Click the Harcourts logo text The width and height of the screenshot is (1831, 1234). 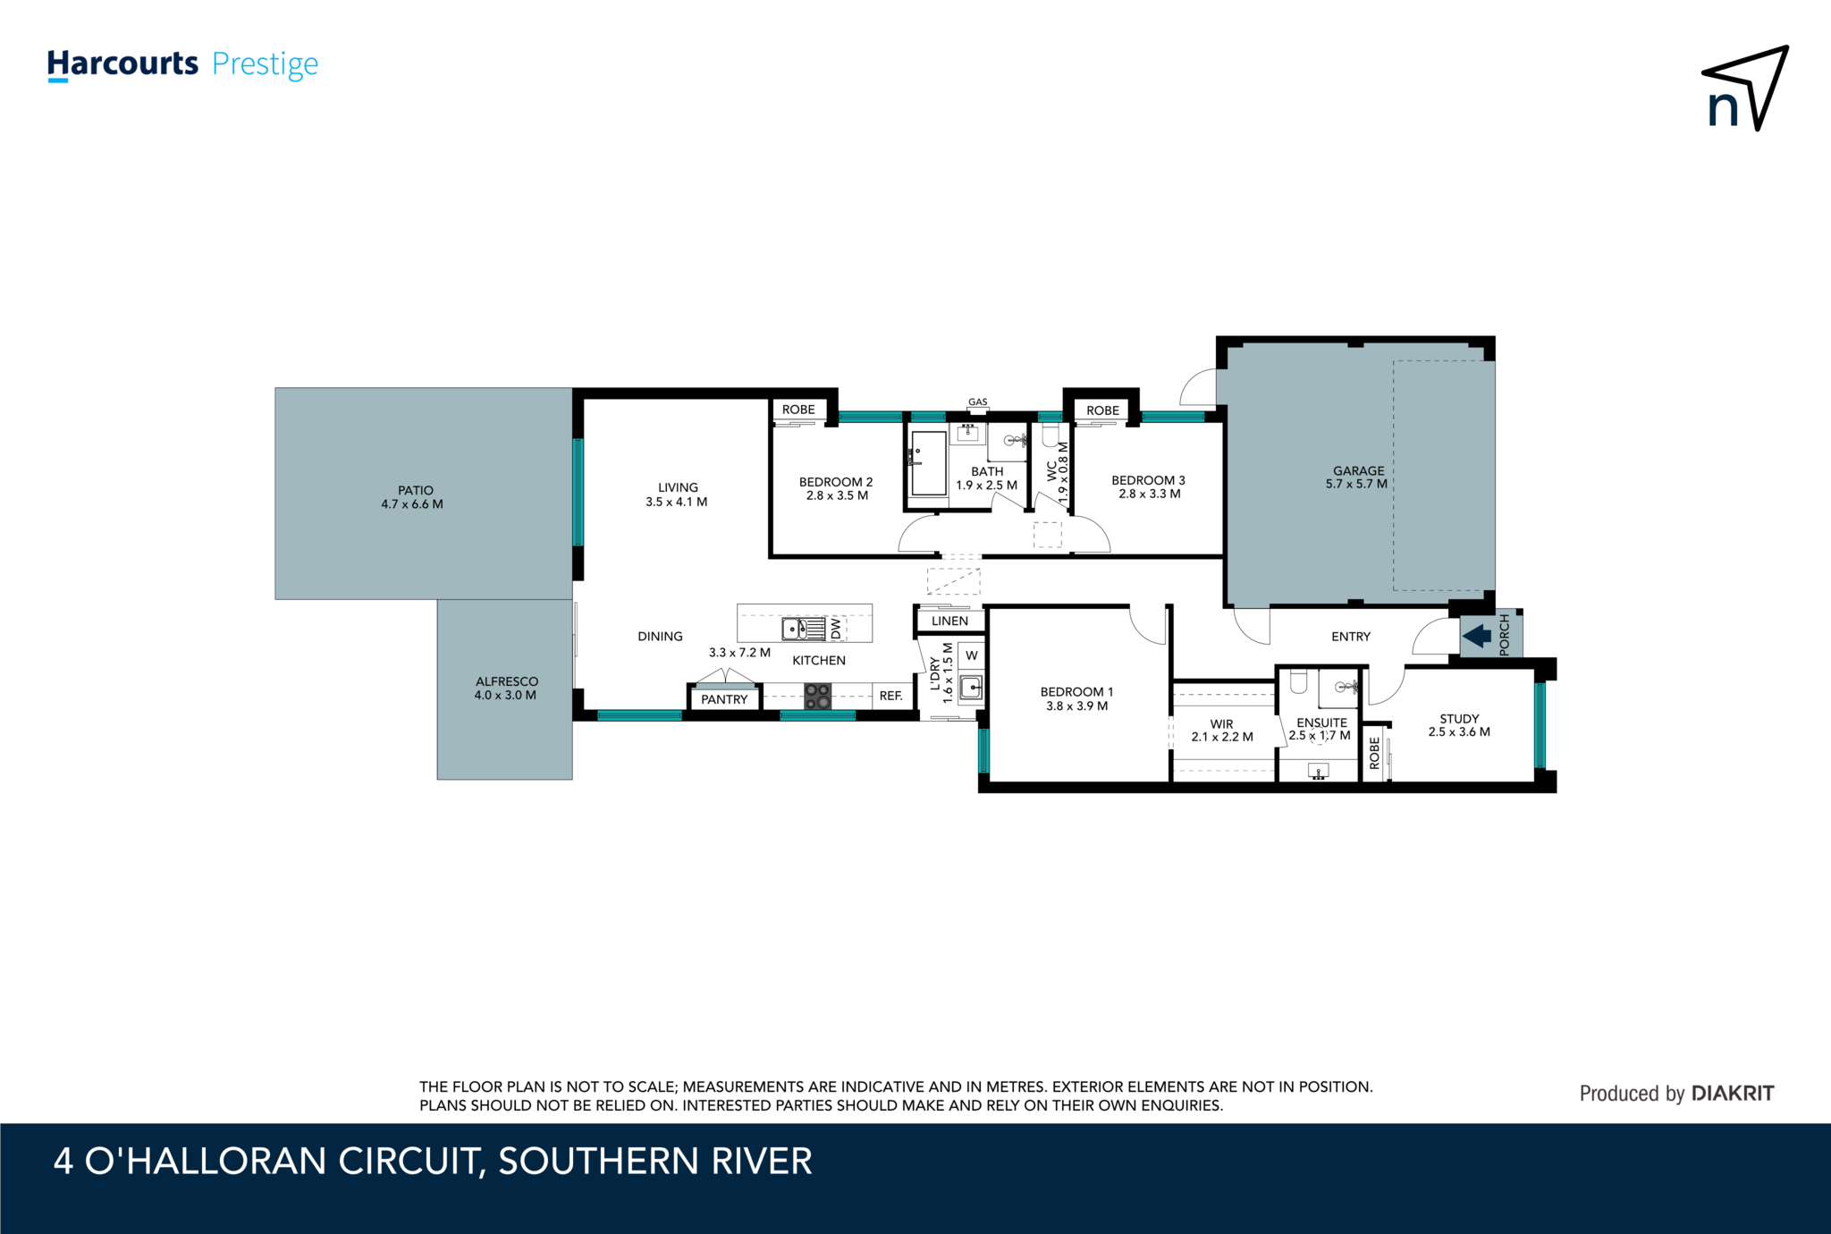(122, 63)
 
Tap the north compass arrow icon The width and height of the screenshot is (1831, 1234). (1744, 89)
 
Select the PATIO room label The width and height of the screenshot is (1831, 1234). (415, 490)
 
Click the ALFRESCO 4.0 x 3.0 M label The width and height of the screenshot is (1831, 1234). (506, 688)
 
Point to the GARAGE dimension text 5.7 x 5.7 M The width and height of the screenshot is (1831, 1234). (1356, 484)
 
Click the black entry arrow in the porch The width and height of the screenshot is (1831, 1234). (1476, 636)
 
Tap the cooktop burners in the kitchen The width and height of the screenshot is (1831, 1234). (817, 696)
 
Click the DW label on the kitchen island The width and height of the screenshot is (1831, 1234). (836, 628)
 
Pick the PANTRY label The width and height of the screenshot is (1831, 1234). (724, 699)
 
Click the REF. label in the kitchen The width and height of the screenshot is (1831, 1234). (890, 696)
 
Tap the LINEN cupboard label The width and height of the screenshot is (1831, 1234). (949, 621)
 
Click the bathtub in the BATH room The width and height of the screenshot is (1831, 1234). (928, 462)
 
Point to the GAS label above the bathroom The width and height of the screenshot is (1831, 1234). (978, 401)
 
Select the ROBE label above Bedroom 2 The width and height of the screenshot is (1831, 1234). (798, 410)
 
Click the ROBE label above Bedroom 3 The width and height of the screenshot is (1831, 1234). (1102, 410)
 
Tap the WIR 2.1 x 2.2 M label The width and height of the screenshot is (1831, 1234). (1222, 731)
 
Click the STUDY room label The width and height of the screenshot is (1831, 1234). (1459, 718)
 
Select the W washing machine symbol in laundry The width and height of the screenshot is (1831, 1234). (972, 655)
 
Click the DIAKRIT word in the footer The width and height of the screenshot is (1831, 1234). (1733, 1093)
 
